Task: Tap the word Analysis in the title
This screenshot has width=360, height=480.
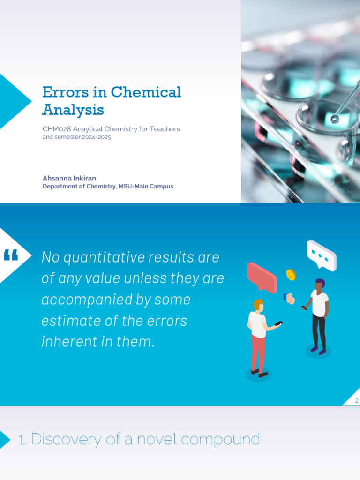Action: tap(73, 110)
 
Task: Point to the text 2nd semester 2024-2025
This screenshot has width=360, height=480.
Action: tap(76, 138)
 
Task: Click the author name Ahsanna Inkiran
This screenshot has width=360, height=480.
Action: tap(69, 178)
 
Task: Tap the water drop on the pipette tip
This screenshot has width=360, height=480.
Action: tap(334, 119)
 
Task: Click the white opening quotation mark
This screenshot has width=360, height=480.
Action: tap(11, 255)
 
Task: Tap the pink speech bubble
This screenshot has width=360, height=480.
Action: tap(262, 276)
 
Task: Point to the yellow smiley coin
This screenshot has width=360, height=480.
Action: tap(291, 275)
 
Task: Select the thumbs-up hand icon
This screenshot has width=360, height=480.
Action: tap(289, 298)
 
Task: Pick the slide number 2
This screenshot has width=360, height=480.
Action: tap(356, 400)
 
